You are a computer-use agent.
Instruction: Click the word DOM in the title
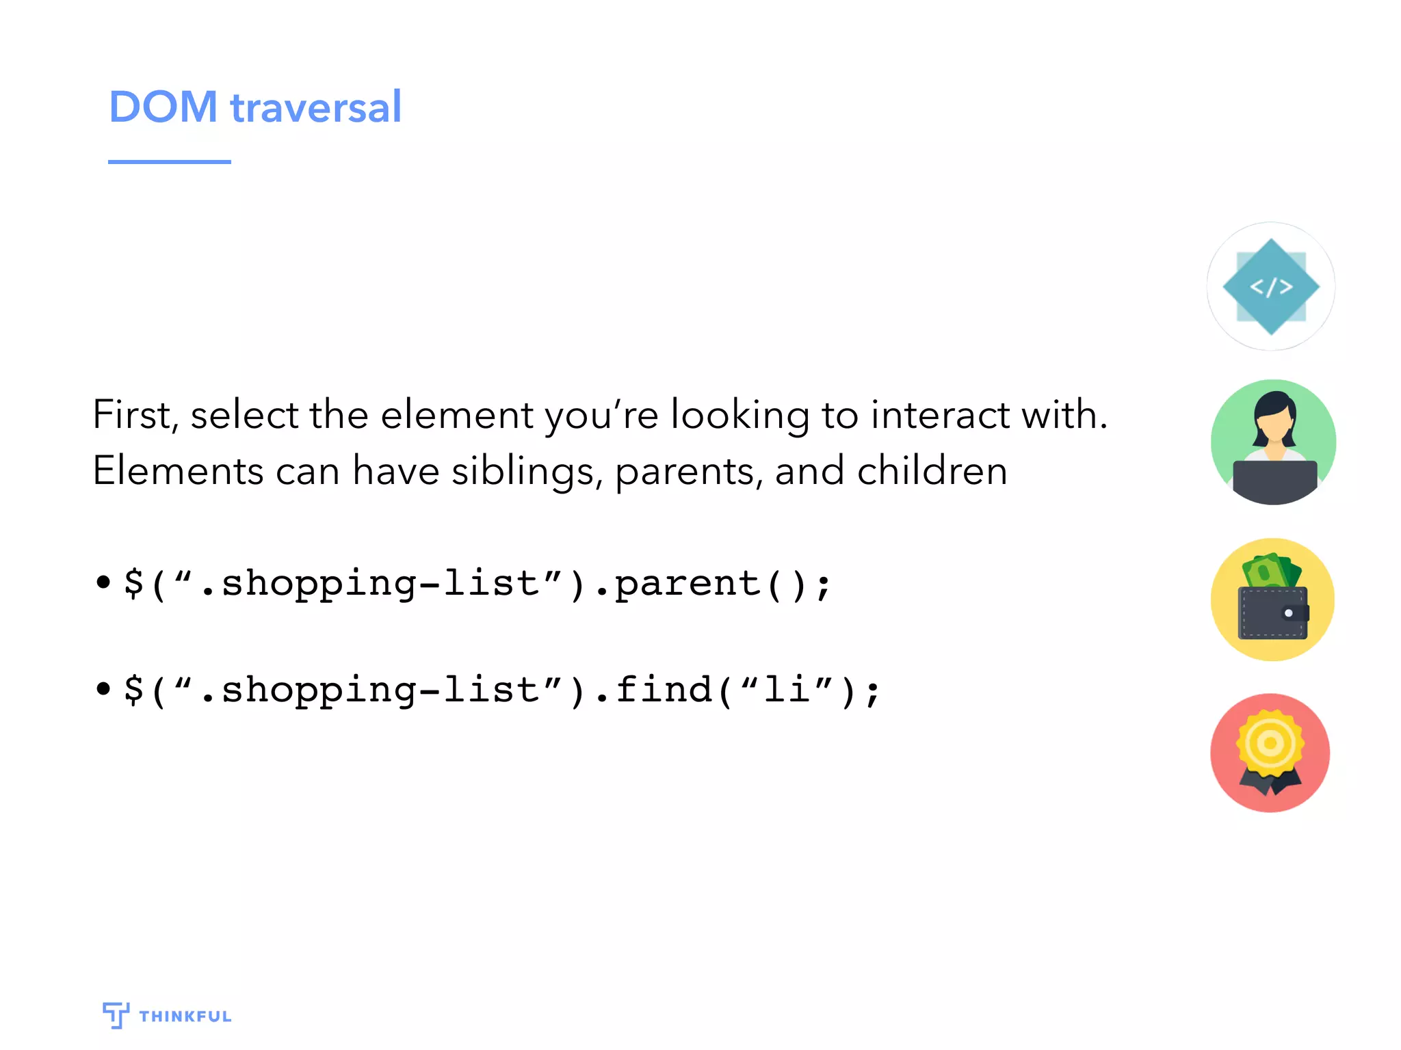tap(163, 107)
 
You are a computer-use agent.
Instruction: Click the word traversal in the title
tap(315, 107)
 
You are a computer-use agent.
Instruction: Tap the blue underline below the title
tap(169, 162)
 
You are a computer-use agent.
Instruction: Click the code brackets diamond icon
tap(1270, 286)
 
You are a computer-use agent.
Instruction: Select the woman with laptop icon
tap(1273, 442)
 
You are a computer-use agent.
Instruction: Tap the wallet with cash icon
tap(1272, 600)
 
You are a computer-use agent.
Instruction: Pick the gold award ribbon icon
tap(1270, 752)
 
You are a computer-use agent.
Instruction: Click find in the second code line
tap(664, 689)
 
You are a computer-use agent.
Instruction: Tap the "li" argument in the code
tap(787, 689)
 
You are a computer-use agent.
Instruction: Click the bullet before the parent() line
tap(103, 582)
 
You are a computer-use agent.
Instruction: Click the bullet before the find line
tap(103, 688)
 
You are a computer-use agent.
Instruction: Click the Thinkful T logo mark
tap(116, 1014)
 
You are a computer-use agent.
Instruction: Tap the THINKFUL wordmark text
tap(185, 1017)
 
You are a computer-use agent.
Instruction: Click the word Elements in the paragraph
tap(178, 472)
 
